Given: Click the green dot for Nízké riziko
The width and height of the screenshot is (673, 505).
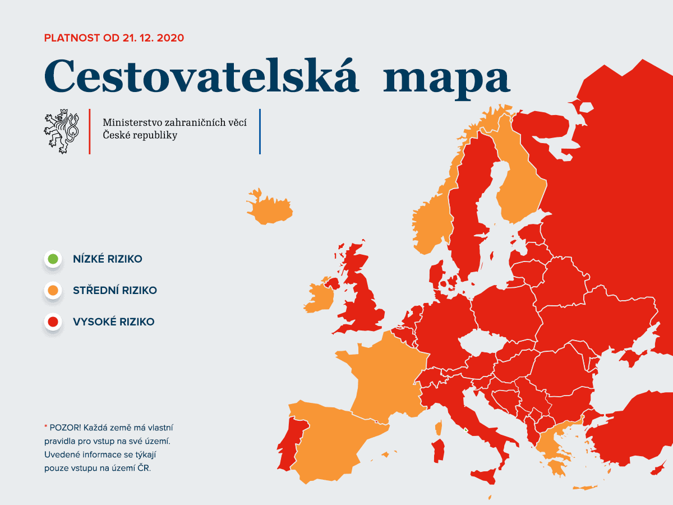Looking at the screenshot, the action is pos(53,259).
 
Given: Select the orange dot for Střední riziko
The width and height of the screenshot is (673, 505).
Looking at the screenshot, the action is pos(53,290).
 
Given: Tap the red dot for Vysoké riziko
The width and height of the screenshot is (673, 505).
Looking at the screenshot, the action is pos(53,322).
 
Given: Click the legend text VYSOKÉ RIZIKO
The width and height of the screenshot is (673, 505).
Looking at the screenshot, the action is pos(113,322).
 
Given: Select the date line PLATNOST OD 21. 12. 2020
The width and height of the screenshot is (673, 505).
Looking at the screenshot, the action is pos(114,38).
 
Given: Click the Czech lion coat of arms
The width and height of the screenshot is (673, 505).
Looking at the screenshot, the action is pos(61,131).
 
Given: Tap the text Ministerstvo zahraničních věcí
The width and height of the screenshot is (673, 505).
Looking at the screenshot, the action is pos(174,122).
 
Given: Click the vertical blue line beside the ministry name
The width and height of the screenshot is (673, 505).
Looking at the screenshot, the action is pos(260,131).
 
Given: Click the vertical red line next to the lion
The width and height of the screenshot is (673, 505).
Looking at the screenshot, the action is pos(90,131).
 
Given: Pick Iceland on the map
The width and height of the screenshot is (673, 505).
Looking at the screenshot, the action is pos(270,209).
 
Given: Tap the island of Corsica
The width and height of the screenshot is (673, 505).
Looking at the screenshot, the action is pos(439,428).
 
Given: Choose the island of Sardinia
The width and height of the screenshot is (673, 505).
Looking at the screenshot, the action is pos(439,451).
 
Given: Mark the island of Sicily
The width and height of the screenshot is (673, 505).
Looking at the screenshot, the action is pos(485,477).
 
